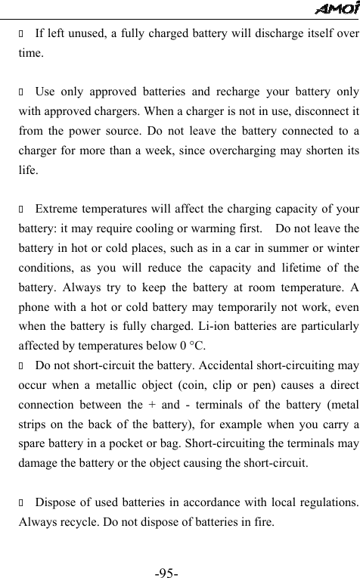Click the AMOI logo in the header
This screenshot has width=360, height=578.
(x=337, y=8)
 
